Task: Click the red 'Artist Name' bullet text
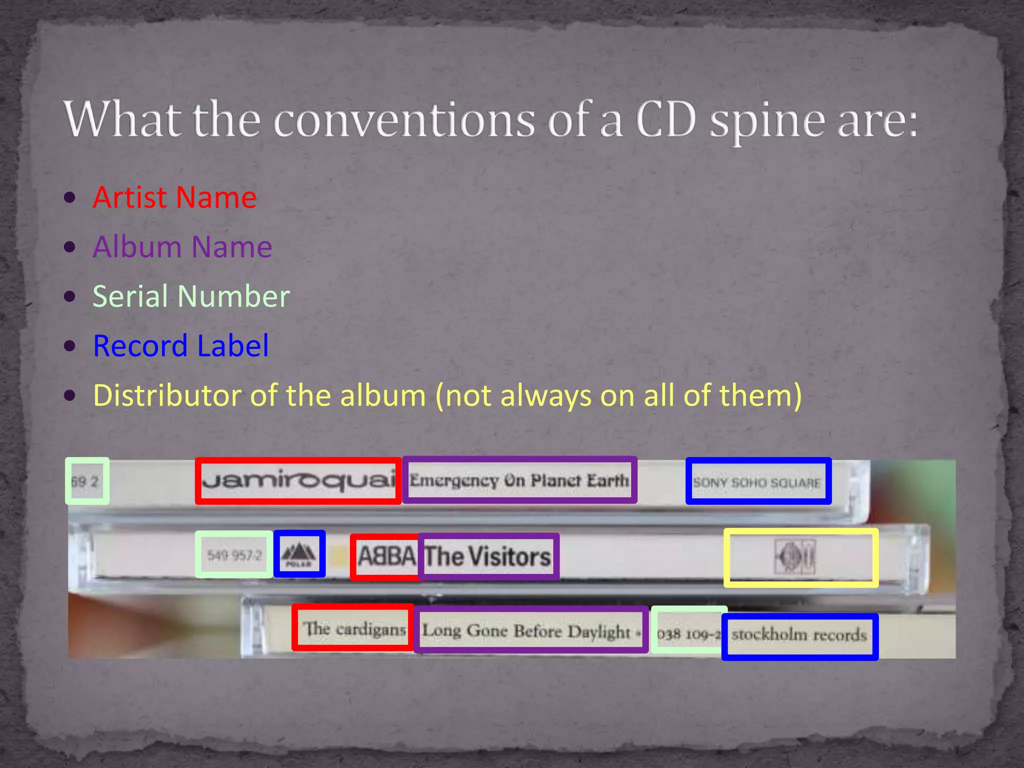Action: click(x=174, y=197)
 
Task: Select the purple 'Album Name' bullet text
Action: click(x=182, y=247)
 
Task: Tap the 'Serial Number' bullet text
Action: click(x=191, y=296)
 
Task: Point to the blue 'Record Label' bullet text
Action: click(x=180, y=345)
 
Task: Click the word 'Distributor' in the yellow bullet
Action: click(x=167, y=395)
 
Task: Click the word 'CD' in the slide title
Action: click(x=666, y=120)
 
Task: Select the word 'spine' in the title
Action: click(x=768, y=122)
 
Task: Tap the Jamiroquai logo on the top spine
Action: click(x=298, y=481)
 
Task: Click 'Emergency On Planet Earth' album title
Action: click(x=519, y=480)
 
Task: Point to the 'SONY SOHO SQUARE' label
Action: click(x=757, y=482)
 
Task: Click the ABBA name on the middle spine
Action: click(x=386, y=556)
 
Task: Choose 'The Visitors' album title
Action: click(x=487, y=556)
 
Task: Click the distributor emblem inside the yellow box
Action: click(x=796, y=557)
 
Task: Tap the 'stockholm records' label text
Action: click(x=798, y=635)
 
